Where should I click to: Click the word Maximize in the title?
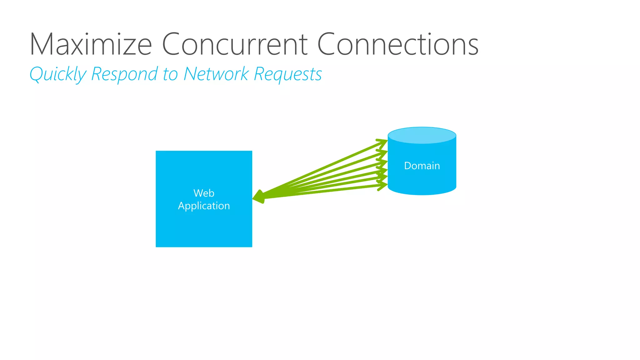91,44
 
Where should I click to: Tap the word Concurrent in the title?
235,44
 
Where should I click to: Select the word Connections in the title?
397,44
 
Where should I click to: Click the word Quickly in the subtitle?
58,74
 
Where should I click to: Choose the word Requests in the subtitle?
287,74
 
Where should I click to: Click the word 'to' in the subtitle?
170,74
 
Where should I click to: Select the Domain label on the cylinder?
422,166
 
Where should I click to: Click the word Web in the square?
204,193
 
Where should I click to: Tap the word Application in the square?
204,206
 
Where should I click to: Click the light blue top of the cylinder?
422,135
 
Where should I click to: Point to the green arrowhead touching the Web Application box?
259,197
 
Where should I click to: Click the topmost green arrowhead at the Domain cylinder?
383,142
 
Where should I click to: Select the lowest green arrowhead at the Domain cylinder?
383,186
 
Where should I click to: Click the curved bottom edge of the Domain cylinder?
422,194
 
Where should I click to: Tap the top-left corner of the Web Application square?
157,152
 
